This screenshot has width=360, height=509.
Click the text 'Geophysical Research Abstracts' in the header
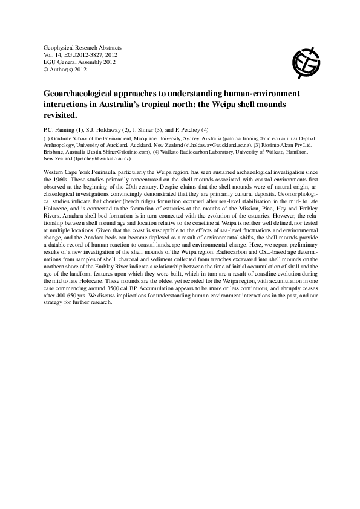(x=83, y=47)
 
